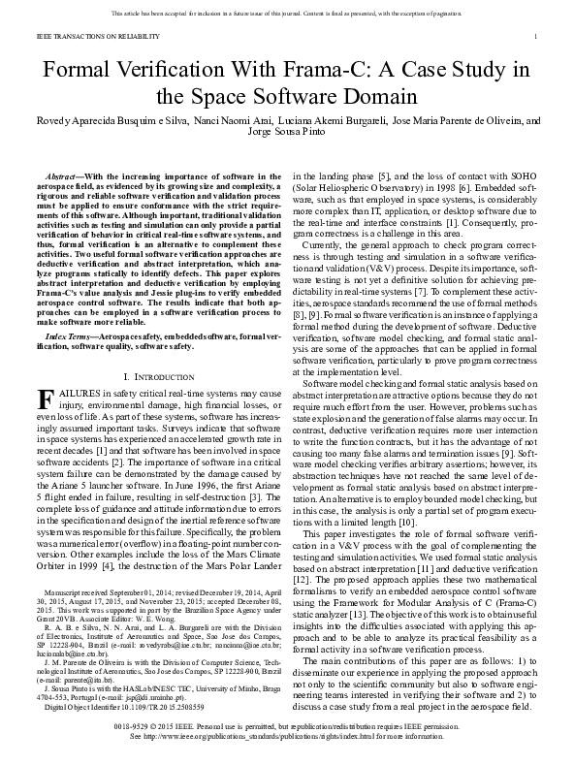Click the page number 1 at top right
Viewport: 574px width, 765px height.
536,37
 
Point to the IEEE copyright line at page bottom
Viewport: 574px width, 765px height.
288,725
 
